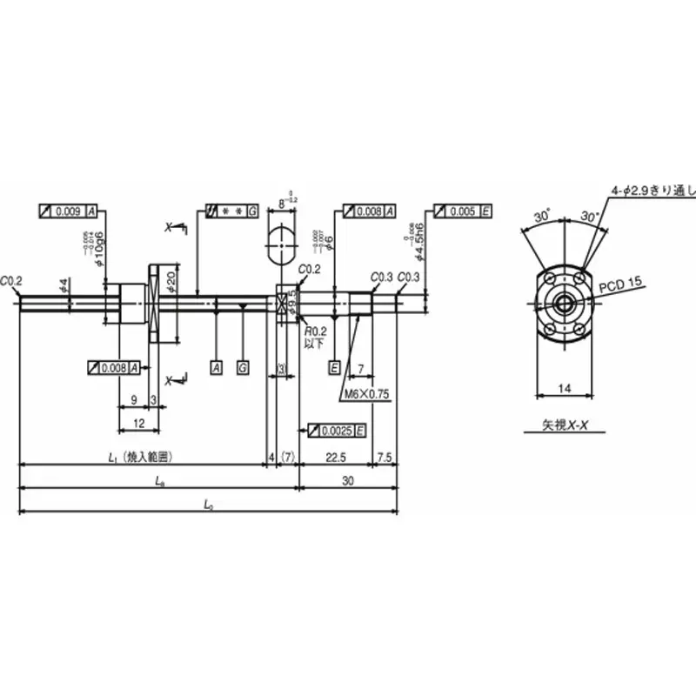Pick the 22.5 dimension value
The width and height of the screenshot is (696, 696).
point(335,456)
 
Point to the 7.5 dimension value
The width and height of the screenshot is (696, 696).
point(386,456)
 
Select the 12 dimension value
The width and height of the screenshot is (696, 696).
point(138,422)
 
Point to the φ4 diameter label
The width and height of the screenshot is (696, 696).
point(63,284)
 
